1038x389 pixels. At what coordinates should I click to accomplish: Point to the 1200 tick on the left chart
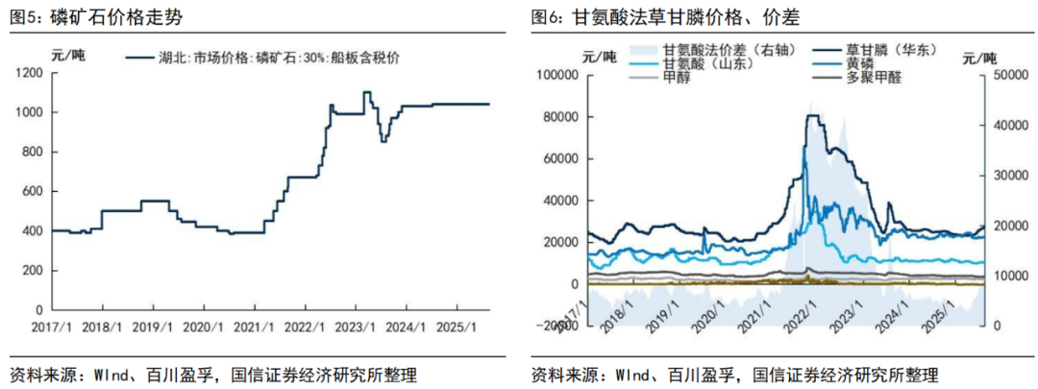[30, 73]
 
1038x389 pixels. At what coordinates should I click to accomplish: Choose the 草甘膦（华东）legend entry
[888, 49]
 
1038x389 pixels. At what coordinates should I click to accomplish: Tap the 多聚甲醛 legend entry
[874, 78]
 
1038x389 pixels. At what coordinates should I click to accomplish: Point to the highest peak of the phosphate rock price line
[367, 92]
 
